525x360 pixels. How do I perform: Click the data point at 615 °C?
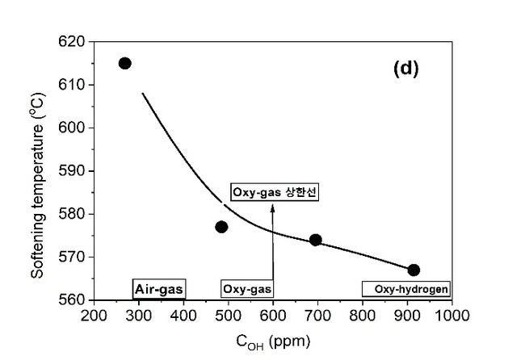(125, 63)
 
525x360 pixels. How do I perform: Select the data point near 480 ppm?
(221, 227)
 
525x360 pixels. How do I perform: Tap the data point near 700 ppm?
(316, 240)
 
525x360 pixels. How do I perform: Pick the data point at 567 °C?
(414, 270)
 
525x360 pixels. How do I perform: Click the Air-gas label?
(159, 288)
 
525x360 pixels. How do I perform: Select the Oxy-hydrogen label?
(405, 288)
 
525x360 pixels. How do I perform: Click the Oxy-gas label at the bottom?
(247, 288)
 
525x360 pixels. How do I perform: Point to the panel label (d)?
(406, 69)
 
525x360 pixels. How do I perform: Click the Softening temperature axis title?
(37, 171)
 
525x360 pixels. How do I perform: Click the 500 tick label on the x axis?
(229, 316)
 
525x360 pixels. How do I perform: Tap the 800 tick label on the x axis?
(363, 316)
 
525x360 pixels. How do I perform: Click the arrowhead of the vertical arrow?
(273, 207)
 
